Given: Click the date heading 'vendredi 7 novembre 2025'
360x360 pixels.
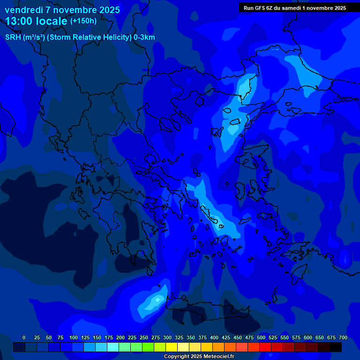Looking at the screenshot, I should [x=62, y=10].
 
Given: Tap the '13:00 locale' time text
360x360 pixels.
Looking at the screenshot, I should [x=37, y=21].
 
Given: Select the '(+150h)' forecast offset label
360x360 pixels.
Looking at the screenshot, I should [x=83, y=21].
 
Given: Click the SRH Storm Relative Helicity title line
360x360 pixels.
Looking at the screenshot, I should [x=80, y=37].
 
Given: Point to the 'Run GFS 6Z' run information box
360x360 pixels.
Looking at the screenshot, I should [x=295, y=8].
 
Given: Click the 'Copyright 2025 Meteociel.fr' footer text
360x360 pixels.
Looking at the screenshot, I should [x=199, y=356].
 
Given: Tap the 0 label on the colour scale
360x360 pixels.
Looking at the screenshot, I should [x=24, y=338].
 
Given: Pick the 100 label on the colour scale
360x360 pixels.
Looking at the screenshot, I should [x=74, y=338].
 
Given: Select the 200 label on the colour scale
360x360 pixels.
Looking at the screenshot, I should [x=120, y=338].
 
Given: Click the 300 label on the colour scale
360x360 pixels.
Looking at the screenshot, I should [x=167, y=338].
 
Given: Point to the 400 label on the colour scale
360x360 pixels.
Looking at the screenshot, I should [x=214, y=338].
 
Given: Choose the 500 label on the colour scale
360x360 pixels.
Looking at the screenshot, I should [x=261, y=338].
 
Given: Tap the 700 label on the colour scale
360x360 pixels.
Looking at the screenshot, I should [x=343, y=338].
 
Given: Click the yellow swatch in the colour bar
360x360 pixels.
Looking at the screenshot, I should [x=172, y=347].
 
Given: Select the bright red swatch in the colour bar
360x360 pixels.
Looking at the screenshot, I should [x=265, y=347].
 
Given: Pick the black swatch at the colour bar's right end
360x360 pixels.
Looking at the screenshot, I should [x=336, y=347].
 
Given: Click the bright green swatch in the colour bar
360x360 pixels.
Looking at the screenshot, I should [x=136, y=347].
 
